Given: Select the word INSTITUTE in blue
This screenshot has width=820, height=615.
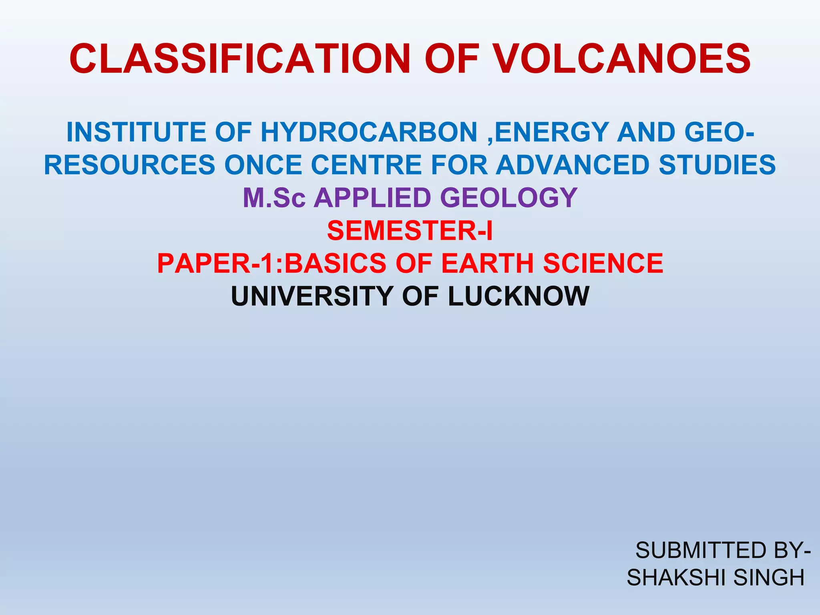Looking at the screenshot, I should tap(137, 132).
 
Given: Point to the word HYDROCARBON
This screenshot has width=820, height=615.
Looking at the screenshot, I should tap(369, 132).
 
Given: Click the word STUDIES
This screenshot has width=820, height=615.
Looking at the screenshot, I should tap(717, 165).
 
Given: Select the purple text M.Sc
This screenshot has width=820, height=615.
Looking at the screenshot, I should tap(274, 198).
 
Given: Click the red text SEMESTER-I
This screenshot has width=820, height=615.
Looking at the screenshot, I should tap(410, 231).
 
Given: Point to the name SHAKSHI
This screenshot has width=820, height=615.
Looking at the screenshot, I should tap(677, 577).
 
